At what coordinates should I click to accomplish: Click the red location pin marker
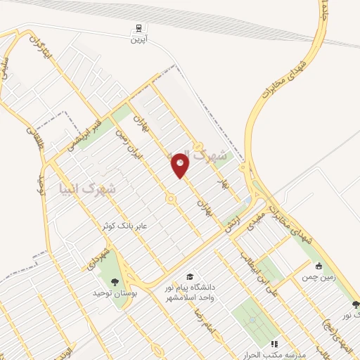point(181,165)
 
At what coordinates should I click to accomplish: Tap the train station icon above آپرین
point(138,28)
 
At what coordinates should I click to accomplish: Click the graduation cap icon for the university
point(189,277)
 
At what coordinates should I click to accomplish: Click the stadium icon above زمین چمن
point(319,266)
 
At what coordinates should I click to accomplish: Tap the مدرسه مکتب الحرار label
point(274,353)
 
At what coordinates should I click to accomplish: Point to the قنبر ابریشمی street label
point(88,134)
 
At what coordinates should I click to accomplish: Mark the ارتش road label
point(231,224)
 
